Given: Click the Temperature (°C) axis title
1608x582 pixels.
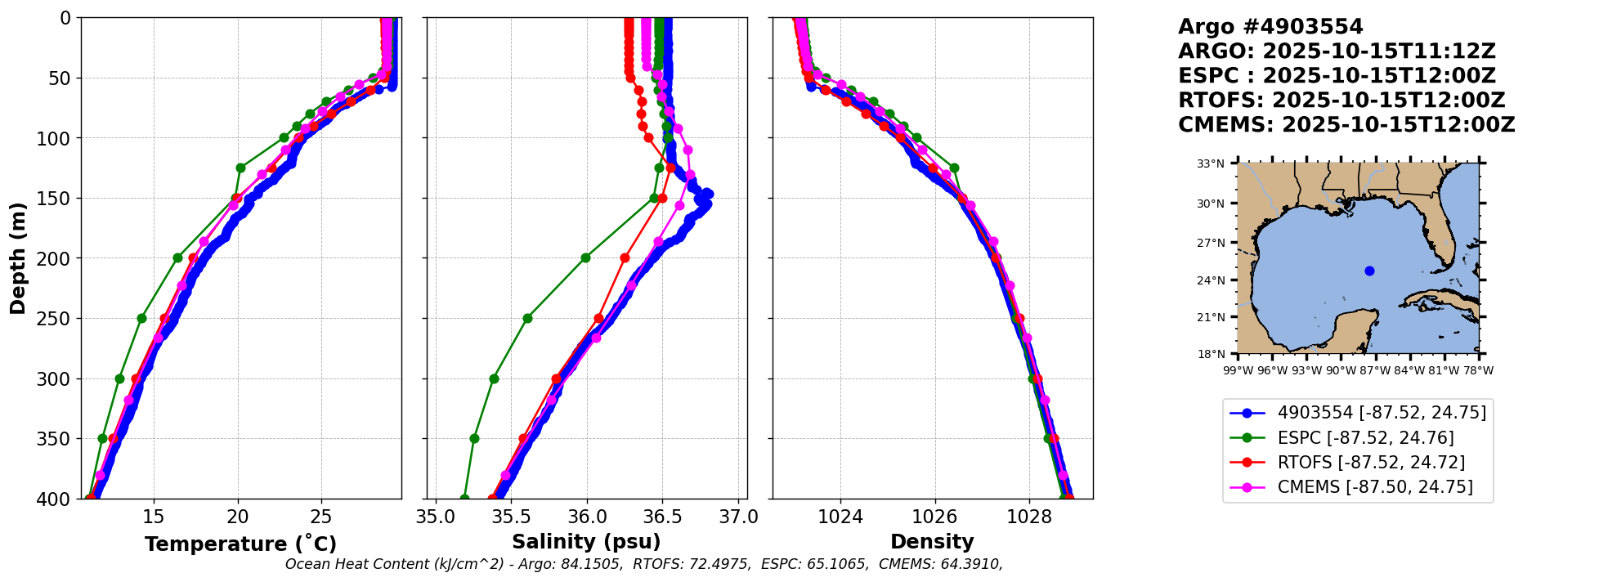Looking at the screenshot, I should pos(240,544).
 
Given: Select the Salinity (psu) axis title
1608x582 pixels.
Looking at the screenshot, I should pos(586,542).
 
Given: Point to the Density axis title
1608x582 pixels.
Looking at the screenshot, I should pos(932,542).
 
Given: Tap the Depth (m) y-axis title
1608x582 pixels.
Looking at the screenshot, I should pos(18,258).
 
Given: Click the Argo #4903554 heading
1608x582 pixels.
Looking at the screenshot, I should pos(1270,27).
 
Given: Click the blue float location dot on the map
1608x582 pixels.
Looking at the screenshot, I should pos(1369,271).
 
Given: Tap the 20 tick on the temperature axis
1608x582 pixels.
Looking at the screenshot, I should pos(237,517).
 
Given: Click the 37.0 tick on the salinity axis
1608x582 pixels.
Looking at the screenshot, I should pos(739,517).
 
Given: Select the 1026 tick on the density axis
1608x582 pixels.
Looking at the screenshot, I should pos(934,517).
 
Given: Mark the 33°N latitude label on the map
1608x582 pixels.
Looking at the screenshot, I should pos(1211,164).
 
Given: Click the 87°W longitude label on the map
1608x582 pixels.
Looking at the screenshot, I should pos(1375,370).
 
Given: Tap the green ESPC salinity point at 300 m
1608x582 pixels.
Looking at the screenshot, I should pos(494,378).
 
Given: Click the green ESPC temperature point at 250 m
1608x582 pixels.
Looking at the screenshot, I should pos(141,318).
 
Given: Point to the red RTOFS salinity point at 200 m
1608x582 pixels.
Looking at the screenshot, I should pos(625,257).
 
